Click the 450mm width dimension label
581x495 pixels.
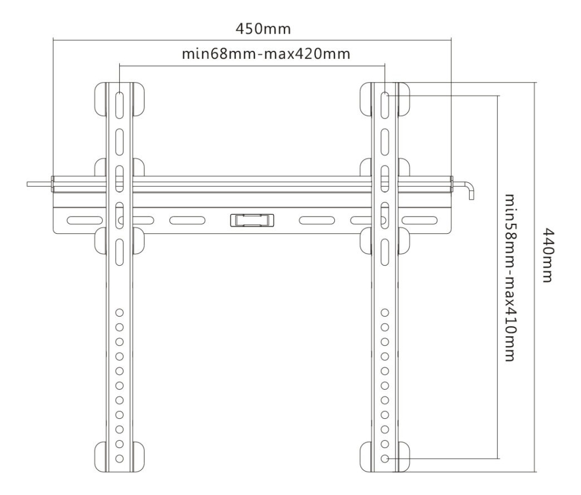coord(263,29)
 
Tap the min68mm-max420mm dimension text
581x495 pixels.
coord(266,54)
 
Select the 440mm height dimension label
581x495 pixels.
coord(548,255)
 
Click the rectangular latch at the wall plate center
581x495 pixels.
coord(252,220)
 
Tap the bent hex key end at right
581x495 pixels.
coord(469,189)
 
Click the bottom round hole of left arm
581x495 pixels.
coord(119,459)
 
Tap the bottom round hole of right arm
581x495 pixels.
coord(385,459)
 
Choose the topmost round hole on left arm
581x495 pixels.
coord(119,313)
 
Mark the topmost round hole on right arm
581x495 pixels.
coord(385,313)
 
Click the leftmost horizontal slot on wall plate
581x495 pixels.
coord(85,220)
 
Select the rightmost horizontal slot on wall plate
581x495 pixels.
coord(419,220)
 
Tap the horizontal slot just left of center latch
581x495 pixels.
coord(187,220)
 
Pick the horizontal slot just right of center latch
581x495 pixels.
coord(317,220)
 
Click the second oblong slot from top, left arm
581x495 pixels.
coord(119,142)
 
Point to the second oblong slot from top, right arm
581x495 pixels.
coord(385,142)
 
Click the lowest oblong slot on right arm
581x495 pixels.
coord(385,252)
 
